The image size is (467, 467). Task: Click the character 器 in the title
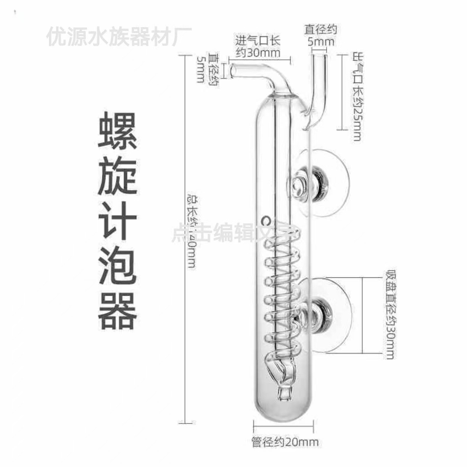(x=118, y=311)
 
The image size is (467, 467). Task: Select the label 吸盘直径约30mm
(x=389, y=315)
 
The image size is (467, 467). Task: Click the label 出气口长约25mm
(x=356, y=97)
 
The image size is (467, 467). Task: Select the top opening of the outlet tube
(x=320, y=56)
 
